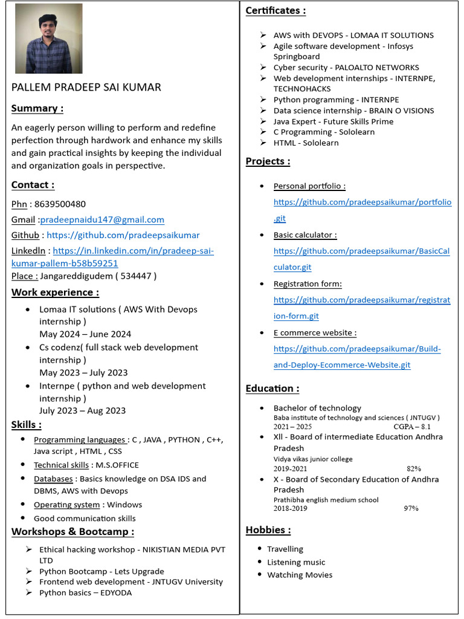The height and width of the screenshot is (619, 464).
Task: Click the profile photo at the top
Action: pyautogui.click(x=48, y=39)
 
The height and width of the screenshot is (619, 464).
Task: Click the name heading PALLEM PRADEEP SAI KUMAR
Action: pyautogui.click(x=86, y=87)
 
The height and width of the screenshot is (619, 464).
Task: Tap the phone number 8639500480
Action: pyautogui.click(x=60, y=204)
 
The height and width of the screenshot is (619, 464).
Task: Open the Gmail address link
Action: pyautogui.click(x=102, y=219)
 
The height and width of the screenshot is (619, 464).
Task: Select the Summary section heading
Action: pyautogui.click(x=37, y=108)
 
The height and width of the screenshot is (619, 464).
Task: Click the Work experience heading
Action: pyautogui.click(x=56, y=293)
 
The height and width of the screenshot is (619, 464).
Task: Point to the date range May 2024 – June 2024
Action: pyautogui.click(x=85, y=334)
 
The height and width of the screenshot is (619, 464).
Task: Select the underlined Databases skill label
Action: pyautogui.click(x=53, y=479)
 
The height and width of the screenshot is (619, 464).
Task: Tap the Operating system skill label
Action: pyautogui.click(x=66, y=505)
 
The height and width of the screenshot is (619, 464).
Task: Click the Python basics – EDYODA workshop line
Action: pyautogui.click(x=85, y=592)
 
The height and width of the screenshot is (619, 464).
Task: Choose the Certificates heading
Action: pyautogui.click(x=275, y=10)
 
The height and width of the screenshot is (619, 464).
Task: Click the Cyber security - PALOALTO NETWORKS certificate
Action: pyautogui.click(x=346, y=67)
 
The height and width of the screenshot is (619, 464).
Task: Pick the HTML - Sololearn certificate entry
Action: pyautogui.click(x=306, y=143)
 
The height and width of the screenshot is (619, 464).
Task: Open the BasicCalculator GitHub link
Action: pyautogui.click(x=361, y=258)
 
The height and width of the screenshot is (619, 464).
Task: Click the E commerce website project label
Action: pyautogui.click(x=314, y=332)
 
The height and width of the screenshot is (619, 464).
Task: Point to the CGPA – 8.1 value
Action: pyautogui.click(x=412, y=427)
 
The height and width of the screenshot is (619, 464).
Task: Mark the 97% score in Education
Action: pyautogui.click(x=411, y=508)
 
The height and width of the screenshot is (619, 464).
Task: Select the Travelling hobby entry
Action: pyautogui.click(x=285, y=549)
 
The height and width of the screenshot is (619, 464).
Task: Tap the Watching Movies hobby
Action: pyautogui.click(x=300, y=575)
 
